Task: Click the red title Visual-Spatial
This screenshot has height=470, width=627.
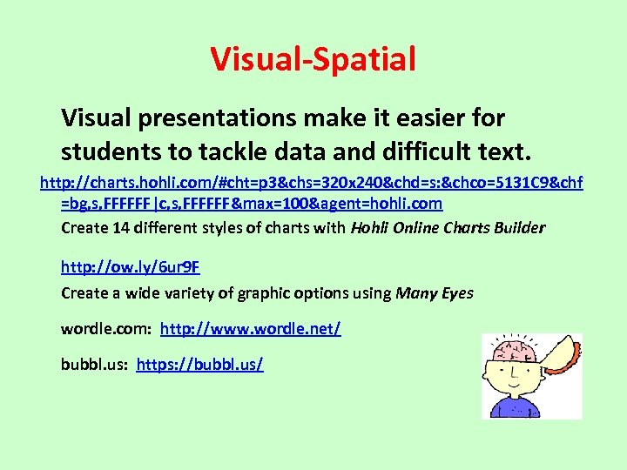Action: (x=313, y=59)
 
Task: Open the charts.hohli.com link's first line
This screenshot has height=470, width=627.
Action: (x=312, y=183)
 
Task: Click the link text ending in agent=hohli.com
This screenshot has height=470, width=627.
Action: (x=251, y=205)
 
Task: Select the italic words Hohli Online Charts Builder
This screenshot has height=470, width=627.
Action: (x=448, y=228)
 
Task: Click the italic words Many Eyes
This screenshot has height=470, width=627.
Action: (x=435, y=293)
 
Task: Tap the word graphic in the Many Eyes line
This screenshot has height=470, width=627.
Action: (x=262, y=293)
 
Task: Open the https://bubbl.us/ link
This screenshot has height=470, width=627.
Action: (x=199, y=364)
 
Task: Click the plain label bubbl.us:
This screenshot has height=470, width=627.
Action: (x=95, y=364)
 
